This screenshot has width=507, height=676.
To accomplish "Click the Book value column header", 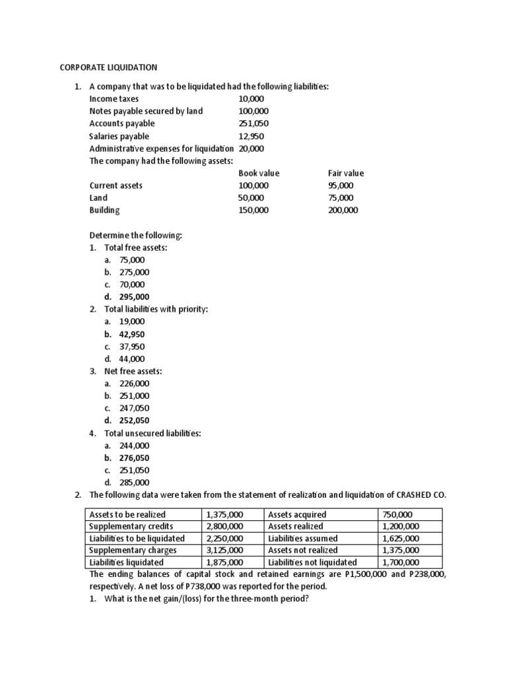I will pos(259,173).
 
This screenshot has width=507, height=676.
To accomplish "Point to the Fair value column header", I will pos(346,173).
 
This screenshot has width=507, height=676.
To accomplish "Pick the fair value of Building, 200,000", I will pos(343,210).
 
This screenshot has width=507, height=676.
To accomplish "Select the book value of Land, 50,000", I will pos(252,197).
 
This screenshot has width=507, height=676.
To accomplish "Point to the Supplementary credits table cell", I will pos(131,526).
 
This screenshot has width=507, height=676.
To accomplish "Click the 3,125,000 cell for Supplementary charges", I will pos(224,550).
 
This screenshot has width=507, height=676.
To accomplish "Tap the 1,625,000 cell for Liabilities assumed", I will pos(400,538).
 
